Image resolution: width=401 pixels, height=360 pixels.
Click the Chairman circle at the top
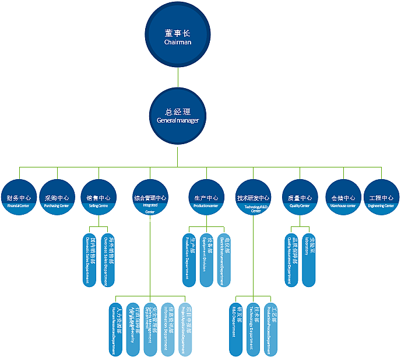178,35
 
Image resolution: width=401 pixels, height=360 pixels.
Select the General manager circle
178,114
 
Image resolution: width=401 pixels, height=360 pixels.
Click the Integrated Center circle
150,201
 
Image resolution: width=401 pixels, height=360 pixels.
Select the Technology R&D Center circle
253,201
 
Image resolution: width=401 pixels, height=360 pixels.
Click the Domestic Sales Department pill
90,260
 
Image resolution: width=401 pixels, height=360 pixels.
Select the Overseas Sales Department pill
107,260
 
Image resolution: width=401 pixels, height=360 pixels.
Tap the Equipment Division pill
206,260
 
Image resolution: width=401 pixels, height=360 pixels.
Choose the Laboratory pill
308,260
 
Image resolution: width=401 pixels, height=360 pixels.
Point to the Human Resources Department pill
117,330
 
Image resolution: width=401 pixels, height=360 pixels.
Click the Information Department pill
168,330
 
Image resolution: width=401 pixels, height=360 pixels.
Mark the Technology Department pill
253,330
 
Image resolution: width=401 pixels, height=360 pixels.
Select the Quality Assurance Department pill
291,260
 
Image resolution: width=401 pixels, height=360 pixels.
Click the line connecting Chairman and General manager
178,75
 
